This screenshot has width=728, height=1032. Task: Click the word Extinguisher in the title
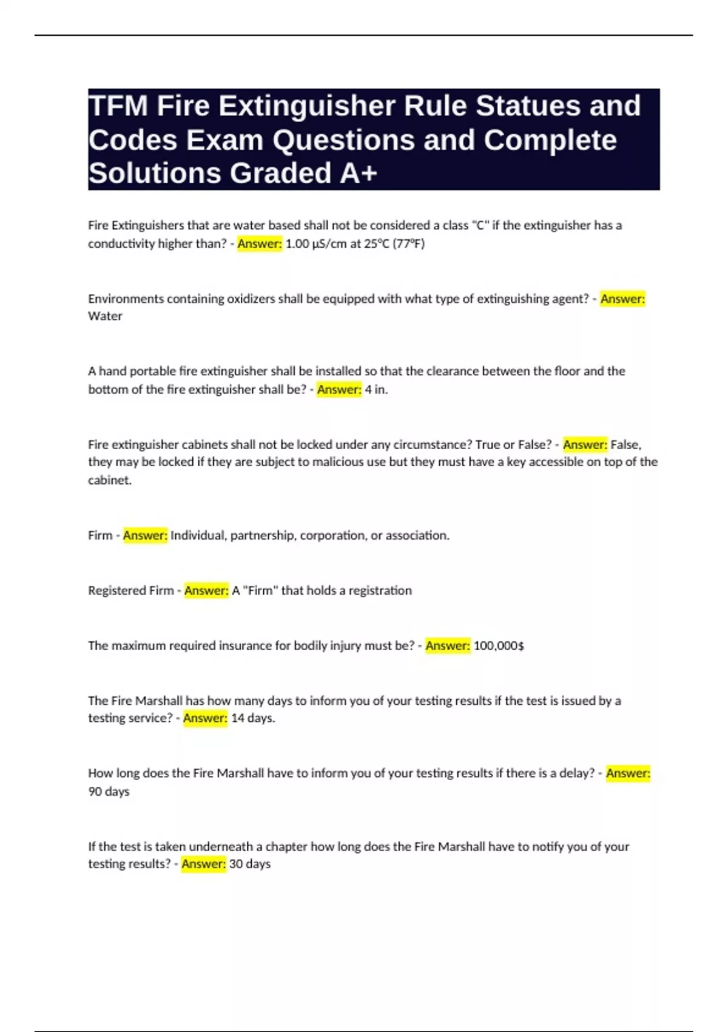pyautogui.click(x=306, y=106)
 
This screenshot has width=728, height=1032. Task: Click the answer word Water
pyautogui.click(x=105, y=316)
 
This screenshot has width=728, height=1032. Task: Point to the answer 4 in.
pyautogui.click(x=376, y=390)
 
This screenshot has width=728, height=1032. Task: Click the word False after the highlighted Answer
pyautogui.click(x=625, y=444)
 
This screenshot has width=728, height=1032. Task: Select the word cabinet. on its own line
pyautogui.click(x=110, y=480)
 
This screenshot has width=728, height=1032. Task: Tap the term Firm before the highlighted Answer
pyautogui.click(x=100, y=535)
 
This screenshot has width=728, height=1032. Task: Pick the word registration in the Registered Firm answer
pyautogui.click(x=380, y=591)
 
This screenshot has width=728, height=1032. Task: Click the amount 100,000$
pyautogui.click(x=499, y=646)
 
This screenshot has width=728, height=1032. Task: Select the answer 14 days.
pyautogui.click(x=253, y=718)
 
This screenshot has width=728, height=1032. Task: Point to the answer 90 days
pyautogui.click(x=109, y=792)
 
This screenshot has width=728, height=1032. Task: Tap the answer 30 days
pyautogui.click(x=250, y=864)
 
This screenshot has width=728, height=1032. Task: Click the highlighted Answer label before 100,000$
pyautogui.click(x=448, y=646)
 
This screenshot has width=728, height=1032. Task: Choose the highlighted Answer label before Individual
pyautogui.click(x=145, y=535)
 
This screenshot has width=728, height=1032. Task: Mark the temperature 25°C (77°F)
pyautogui.click(x=394, y=244)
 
